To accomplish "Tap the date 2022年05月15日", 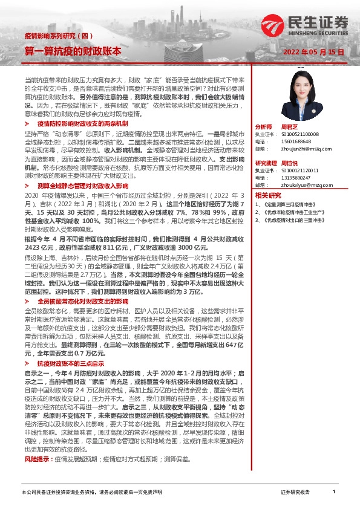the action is [x=314, y=53].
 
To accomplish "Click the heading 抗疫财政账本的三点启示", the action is [x=71, y=365].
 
